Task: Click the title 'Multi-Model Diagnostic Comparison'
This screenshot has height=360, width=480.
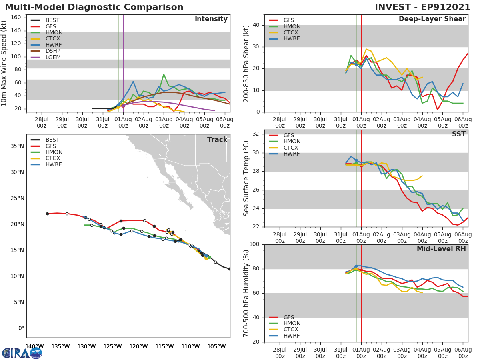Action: (x=94, y=7)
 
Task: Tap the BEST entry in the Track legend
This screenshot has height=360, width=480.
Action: (x=52, y=140)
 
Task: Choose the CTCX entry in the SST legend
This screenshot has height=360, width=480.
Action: (x=292, y=148)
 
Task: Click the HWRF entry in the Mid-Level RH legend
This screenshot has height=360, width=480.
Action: (x=291, y=336)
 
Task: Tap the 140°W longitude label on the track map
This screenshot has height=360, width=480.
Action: (x=34, y=346)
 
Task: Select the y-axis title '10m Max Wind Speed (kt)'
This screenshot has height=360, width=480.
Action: (x=4, y=63)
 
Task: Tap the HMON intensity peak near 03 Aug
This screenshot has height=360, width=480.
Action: (x=164, y=74)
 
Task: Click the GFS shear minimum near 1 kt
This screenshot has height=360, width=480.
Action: (x=438, y=110)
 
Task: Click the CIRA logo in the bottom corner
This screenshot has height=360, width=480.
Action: (x=22, y=353)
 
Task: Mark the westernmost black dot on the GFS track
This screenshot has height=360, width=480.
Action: (x=47, y=214)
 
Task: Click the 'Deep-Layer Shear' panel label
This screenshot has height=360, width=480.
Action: (x=432, y=19)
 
